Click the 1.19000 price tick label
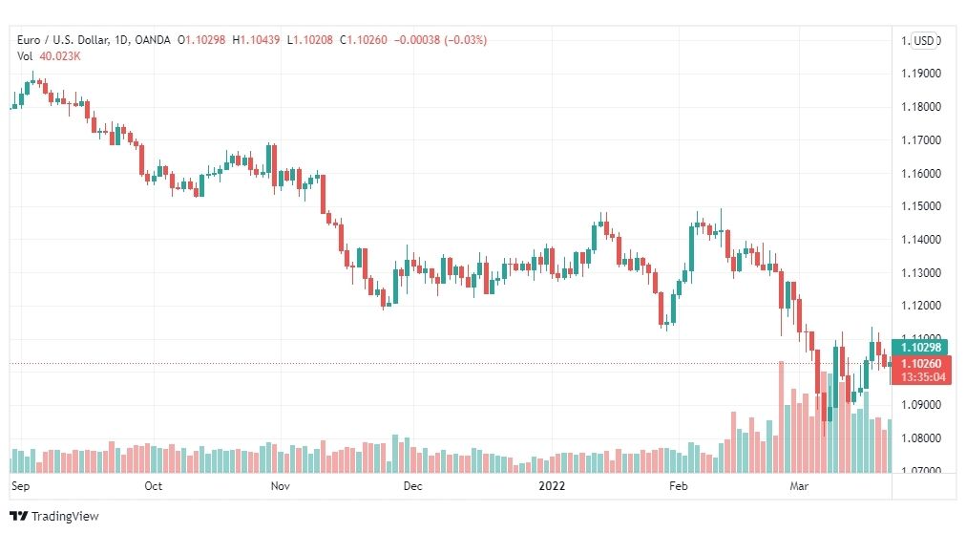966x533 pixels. coord(921,74)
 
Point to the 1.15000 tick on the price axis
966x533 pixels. coord(921,206)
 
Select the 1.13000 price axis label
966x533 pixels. coord(921,273)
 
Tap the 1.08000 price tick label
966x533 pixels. coord(921,438)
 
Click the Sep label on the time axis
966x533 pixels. coord(20,486)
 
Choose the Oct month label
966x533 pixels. coord(154,486)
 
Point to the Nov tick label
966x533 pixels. coord(281,486)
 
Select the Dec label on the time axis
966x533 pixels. coord(412,486)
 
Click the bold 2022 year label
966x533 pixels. coord(552,486)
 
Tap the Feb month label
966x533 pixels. coord(679,486)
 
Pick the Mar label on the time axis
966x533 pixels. coord(799,486)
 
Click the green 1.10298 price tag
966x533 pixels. coord(920,348)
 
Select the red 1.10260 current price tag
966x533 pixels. coord(920,364)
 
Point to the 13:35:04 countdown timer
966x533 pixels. coord(923,377)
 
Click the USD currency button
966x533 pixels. coord(924,41)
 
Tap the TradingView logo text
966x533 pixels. coord(65,517)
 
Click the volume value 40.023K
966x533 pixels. coord(60,56)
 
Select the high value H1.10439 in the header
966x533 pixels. coord(256,40)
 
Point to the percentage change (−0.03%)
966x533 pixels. coord(466,40)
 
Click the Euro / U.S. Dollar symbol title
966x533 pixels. coord(63,40)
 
